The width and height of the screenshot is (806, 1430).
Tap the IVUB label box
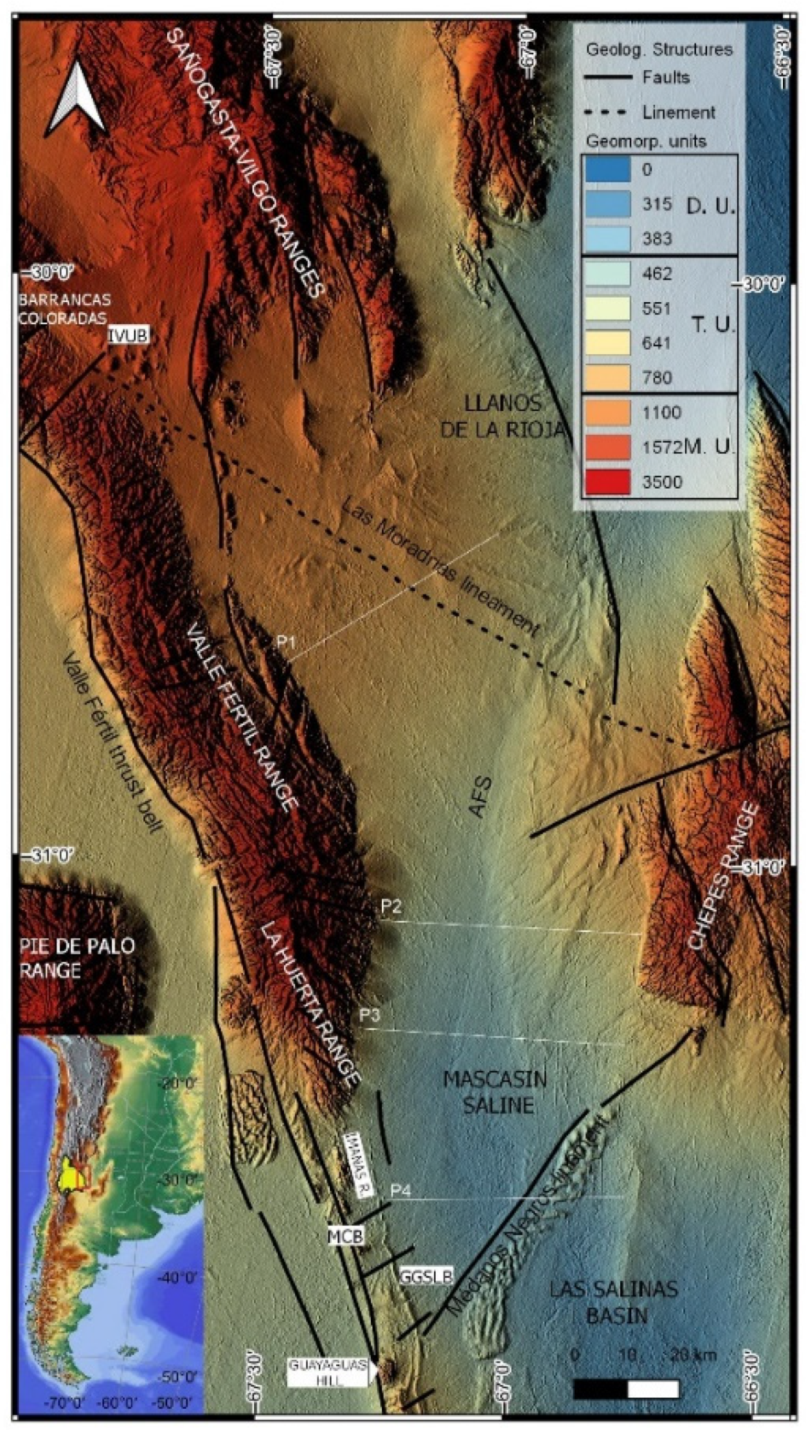tap(129, 336)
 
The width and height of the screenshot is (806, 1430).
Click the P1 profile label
tap(287, 642)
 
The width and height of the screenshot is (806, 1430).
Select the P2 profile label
tap(391, 907)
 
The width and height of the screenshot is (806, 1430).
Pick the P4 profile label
tap(400, 1191)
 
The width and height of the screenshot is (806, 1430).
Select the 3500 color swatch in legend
tap(606, 482)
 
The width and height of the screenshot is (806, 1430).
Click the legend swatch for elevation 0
tap(606, 169)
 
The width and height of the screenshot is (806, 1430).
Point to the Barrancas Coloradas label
tap(64, 309)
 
